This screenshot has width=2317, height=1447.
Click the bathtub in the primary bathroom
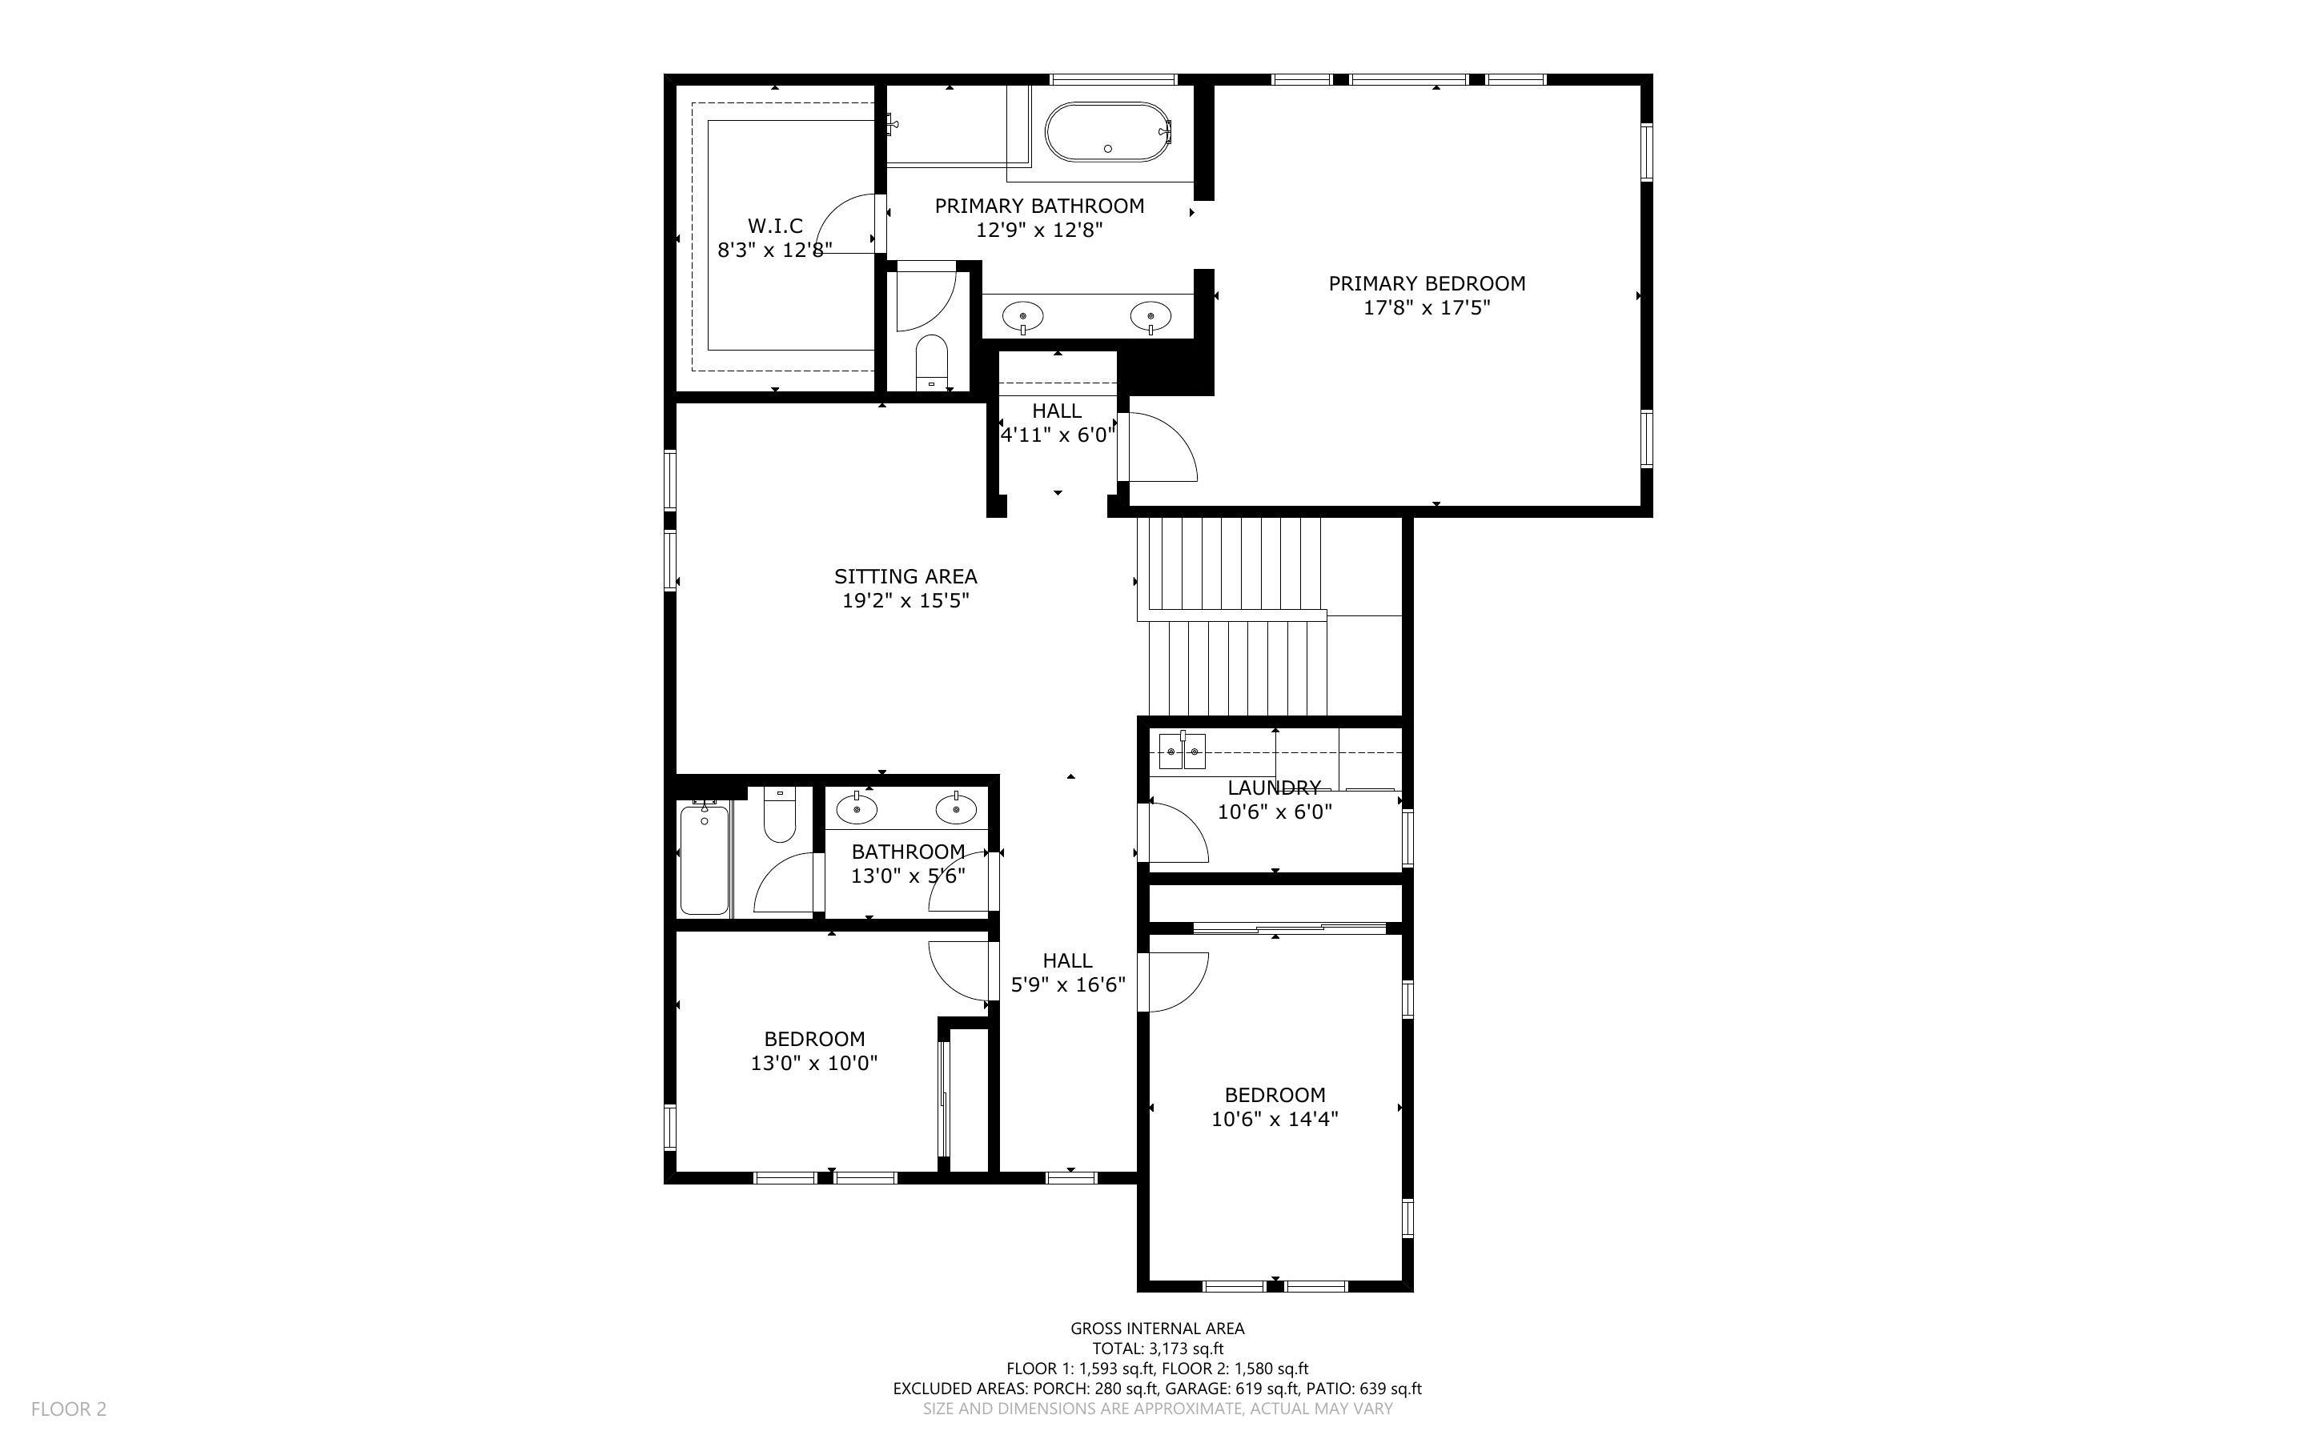click(x=1107, y=132)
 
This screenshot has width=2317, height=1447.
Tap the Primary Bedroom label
click(x=1426, y=283)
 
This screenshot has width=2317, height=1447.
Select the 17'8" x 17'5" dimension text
click(x=1426, y=308)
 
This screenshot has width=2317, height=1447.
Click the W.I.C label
click(x=774, y=226)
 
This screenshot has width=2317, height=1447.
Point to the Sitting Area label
click(x=905, y=576)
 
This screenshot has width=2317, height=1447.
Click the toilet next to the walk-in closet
click(x=930, y=362)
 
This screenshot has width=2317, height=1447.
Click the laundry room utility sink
click(x=1182, y=752)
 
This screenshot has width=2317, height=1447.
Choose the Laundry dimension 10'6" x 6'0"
click(x=1274, y=812)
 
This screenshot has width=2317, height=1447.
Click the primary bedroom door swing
click(x=1160, y=448)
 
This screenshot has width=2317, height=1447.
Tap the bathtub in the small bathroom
click(x=705, y=860)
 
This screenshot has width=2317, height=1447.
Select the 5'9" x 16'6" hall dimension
click(x=1067, y=984)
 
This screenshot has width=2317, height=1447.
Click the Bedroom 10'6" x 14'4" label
click(x=1274, y=1095)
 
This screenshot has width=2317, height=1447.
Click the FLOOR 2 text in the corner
click(x=69, y=1409)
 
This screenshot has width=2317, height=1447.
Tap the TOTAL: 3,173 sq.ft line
click(x=1157, y=1349)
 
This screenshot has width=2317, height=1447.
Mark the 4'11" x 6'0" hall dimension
click(x=1057, y=435)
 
